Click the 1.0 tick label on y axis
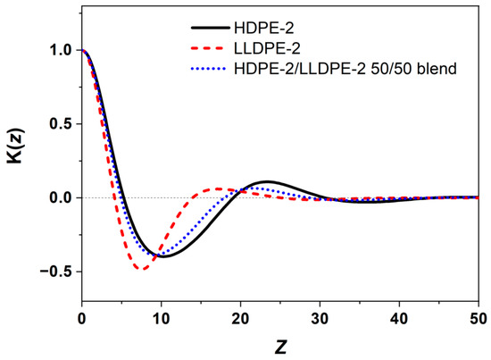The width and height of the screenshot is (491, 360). click(60, 51)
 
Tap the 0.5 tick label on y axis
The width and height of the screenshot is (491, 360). click(60, 124)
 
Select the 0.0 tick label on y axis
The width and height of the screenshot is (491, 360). click(60, 197)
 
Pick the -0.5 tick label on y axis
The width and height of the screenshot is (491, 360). click(56, 271)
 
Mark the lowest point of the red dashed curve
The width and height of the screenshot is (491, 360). click(140, 269)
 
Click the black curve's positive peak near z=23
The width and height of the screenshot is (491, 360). click(266, 181)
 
